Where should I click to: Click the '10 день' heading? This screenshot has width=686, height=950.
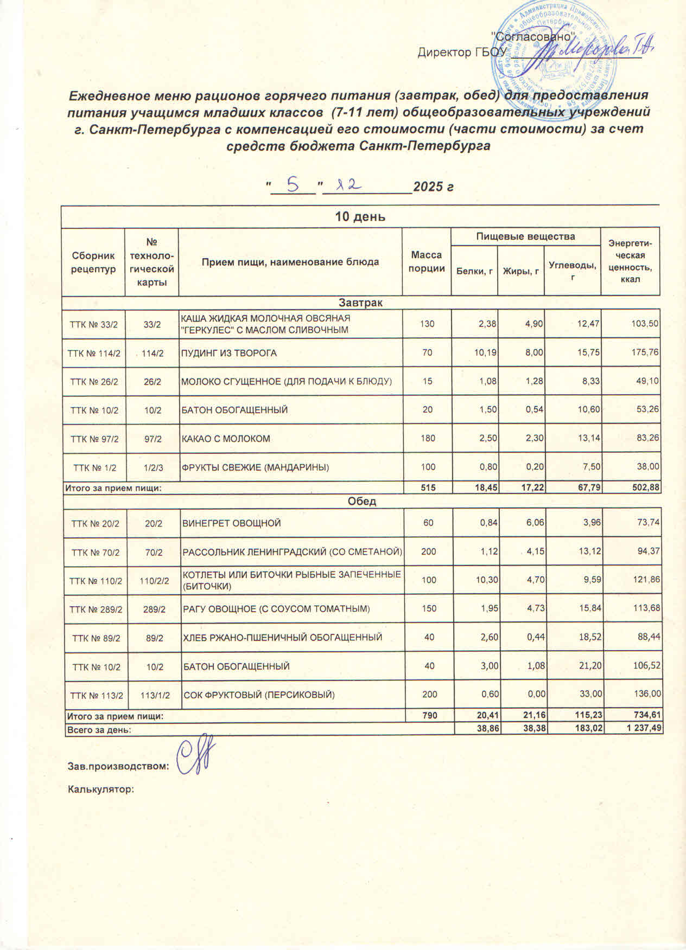pos(360,217)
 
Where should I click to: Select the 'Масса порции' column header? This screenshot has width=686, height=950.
pos(427,261)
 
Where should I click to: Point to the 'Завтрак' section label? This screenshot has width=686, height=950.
pos(360,303)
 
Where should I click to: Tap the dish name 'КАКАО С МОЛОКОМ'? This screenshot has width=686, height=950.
pos(225,438)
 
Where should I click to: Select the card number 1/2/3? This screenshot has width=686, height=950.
pos(153,467)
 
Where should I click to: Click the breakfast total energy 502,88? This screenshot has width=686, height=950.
pos(644,487)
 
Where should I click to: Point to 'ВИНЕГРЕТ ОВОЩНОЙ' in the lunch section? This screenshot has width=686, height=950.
pos(232,523)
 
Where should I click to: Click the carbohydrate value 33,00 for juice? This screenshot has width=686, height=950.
pos(589,695)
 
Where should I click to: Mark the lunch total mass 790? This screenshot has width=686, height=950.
pos(429,716)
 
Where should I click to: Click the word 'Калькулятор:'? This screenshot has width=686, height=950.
pos(100,789)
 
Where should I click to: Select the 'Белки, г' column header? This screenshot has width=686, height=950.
pos(474,271)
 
